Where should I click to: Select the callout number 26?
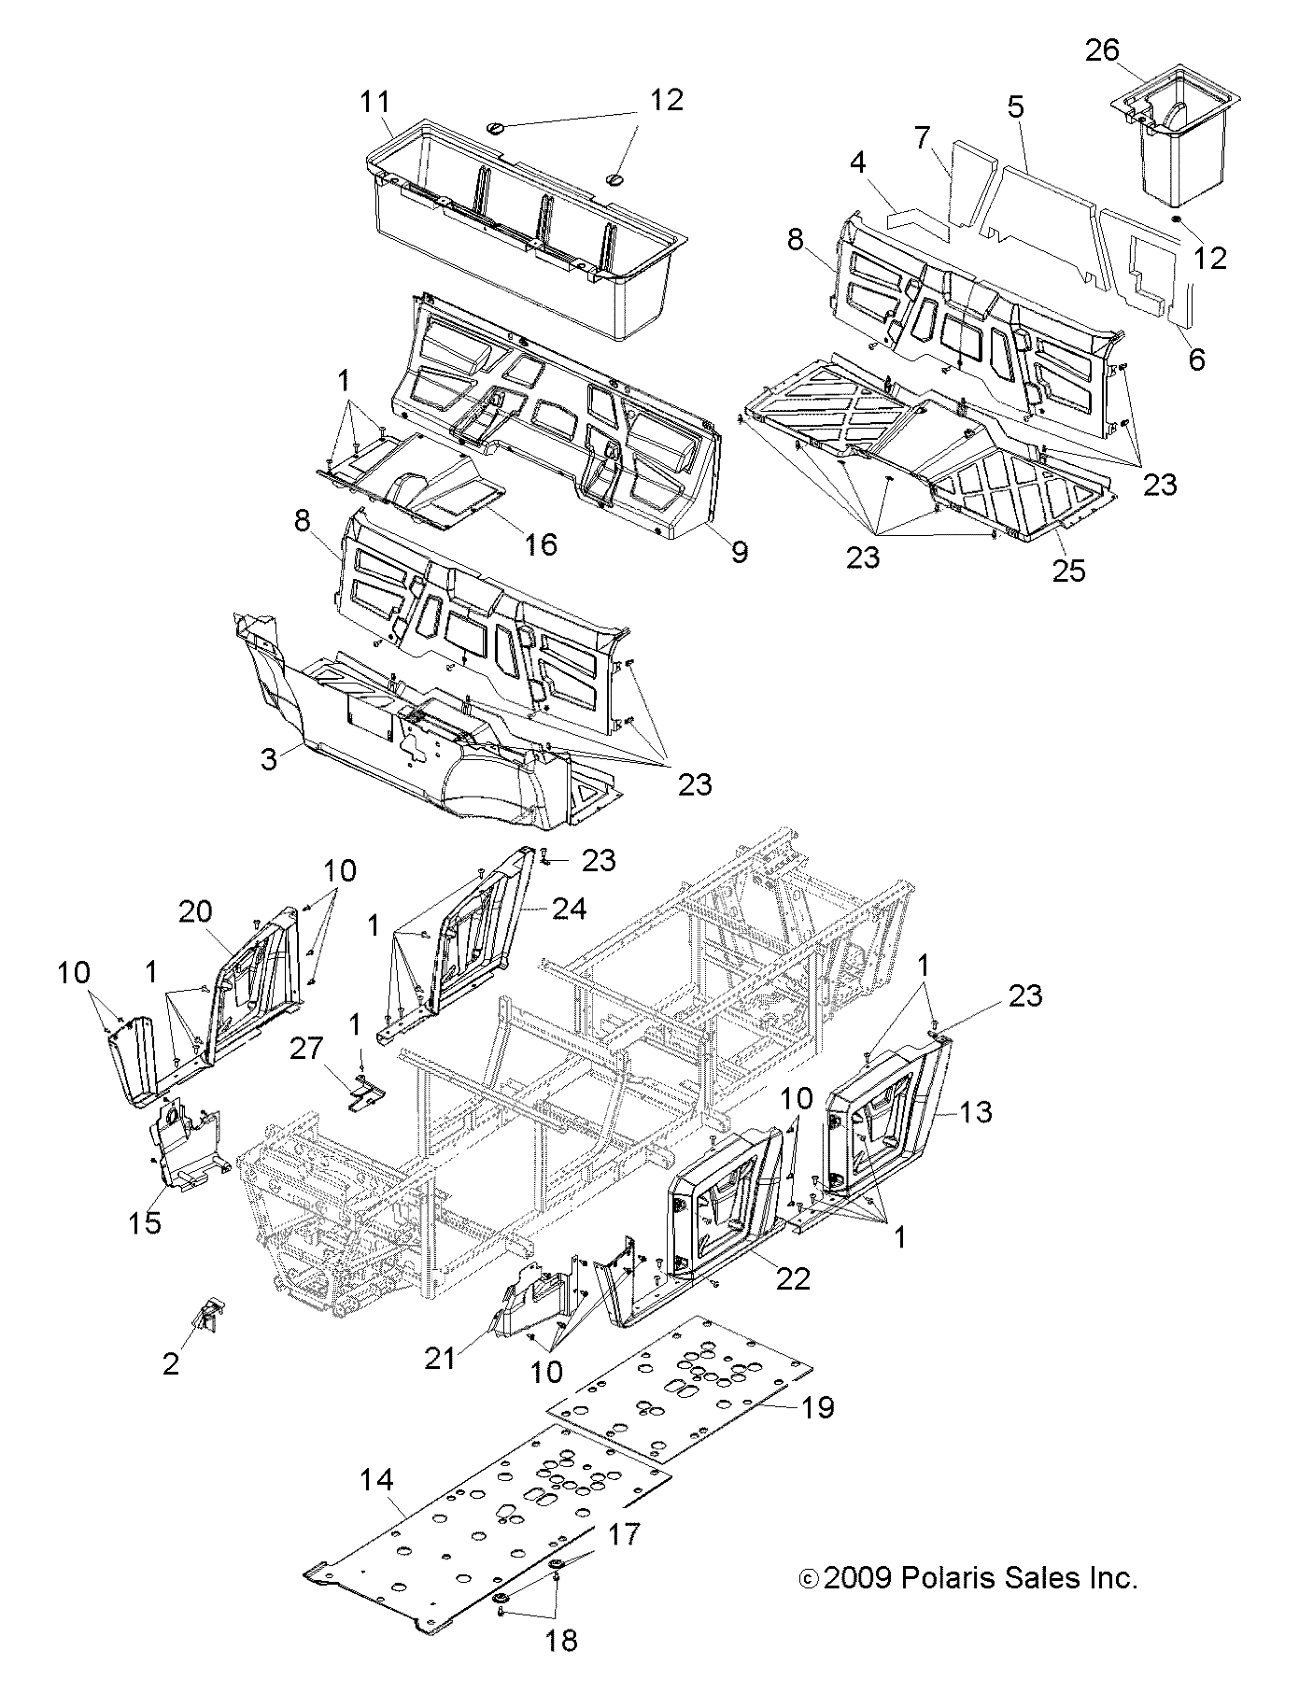1102,49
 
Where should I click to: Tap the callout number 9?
739,552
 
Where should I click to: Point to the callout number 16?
541,543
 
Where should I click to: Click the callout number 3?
269,758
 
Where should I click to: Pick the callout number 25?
1069,570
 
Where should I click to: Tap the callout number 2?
170,1363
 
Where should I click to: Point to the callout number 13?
974,1112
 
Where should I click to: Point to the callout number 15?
145,1222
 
